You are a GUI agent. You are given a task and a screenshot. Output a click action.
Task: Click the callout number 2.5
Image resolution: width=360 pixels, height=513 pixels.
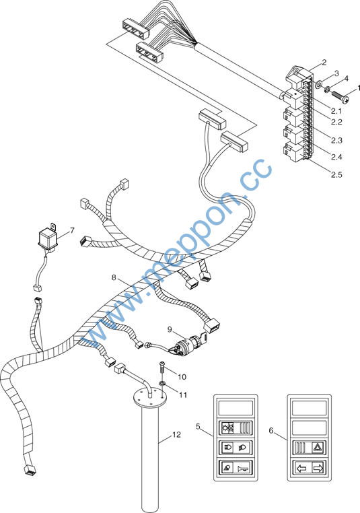(x=336, y=175)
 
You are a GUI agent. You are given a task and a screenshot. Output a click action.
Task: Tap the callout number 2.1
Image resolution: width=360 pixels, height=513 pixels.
(x=336, y=111)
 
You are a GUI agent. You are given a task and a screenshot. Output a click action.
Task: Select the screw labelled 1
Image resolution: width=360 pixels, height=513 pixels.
(x=340, y=94)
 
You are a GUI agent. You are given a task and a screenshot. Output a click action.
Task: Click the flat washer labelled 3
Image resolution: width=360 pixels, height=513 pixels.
(x=318, y=85)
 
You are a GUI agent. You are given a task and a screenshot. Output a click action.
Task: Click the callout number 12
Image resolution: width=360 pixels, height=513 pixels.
(x=176, y=434)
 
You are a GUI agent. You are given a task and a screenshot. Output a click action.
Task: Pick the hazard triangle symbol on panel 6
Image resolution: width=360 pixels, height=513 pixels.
(x=317, y=446)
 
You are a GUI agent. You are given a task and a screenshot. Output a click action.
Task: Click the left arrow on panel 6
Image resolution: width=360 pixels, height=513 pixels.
(x=302, y=468)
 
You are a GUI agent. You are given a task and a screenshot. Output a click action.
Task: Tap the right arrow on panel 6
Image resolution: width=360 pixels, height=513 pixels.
(x=318, y=468)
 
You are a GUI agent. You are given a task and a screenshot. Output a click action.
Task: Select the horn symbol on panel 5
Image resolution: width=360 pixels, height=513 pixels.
(x=244, y=468)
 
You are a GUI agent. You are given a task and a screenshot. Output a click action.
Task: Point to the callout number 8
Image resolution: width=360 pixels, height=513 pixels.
(x=114, y=278)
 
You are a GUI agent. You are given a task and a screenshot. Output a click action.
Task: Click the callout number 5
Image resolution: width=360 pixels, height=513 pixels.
(x=198, y=426)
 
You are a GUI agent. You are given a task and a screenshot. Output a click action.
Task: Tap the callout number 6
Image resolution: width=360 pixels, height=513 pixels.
(x=271, y=431)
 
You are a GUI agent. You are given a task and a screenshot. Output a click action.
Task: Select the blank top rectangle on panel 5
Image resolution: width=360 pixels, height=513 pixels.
(x=236, y=408)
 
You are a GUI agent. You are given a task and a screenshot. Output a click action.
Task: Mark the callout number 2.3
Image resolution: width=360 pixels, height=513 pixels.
(x=336, y=140)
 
